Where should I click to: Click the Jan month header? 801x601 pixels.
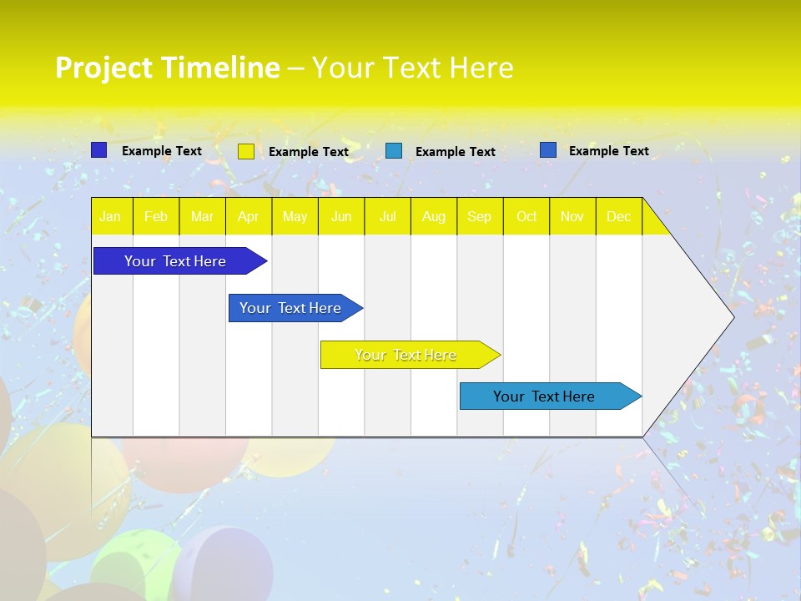[x=110, y=217]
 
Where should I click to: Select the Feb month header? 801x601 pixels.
[x=156, y=217]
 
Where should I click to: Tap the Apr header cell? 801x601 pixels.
[x=248, y=217]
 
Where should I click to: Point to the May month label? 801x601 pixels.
[x=295, y=217]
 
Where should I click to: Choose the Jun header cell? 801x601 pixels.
[x=341, y=217]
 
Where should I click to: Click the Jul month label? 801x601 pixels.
[x=388, y=217]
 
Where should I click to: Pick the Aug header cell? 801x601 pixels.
[x=434, y=217]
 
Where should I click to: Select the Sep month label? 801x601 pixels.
[x=480, y=217]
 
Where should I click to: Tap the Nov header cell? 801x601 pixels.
[x=572, y=217]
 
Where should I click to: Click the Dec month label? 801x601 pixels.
[x=619, y=217]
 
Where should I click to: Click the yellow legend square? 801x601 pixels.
[x=246, y=151]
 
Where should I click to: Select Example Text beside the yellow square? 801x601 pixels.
[x=309, y=152]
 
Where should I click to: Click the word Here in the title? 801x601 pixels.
[x=481, y=68]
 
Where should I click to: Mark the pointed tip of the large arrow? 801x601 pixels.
[x=733, y=317]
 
